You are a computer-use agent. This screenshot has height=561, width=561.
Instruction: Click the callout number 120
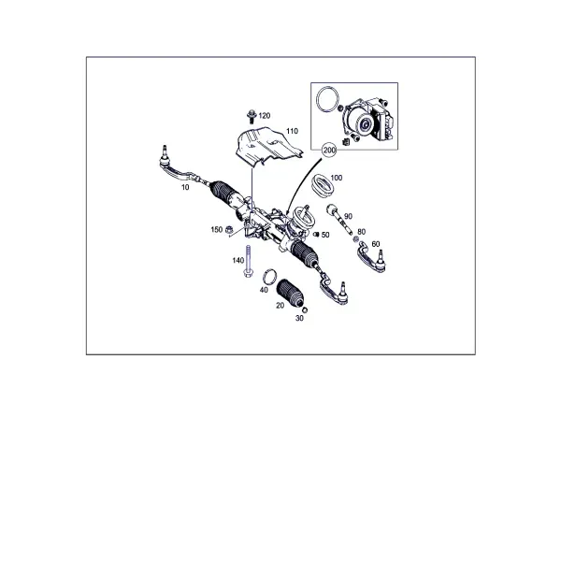coord(264,116)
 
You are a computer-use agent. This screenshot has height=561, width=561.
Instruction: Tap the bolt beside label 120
coord(252,116)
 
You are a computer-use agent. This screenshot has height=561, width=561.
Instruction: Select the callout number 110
coord(292,131)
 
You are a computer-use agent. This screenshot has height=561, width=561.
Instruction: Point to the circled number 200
coord(329,151)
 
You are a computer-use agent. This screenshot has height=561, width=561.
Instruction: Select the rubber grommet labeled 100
coord(324,185)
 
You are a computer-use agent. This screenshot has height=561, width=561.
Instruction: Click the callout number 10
coord(185,187)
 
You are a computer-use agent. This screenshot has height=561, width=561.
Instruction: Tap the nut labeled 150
coord(229,230)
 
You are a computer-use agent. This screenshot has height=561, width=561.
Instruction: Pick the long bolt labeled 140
coord(247,261)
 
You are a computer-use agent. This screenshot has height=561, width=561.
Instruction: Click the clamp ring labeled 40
coord(270,276)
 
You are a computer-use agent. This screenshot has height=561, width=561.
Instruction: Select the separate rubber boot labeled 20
coord(290,293)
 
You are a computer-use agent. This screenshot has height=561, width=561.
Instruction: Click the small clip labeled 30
coord(305,310)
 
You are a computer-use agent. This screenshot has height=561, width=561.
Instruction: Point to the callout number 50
coord(325,235)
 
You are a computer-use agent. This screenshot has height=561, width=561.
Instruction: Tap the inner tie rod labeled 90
coord(339,220)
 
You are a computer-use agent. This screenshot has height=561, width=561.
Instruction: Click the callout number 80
coord(361,232)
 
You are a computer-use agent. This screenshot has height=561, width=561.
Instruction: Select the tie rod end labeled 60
coord(371,257)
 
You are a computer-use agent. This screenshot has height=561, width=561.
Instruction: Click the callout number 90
coord(348,217)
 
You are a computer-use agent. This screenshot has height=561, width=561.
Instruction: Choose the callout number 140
coord(237,261)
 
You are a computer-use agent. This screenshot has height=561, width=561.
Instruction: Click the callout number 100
coord(337,178)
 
